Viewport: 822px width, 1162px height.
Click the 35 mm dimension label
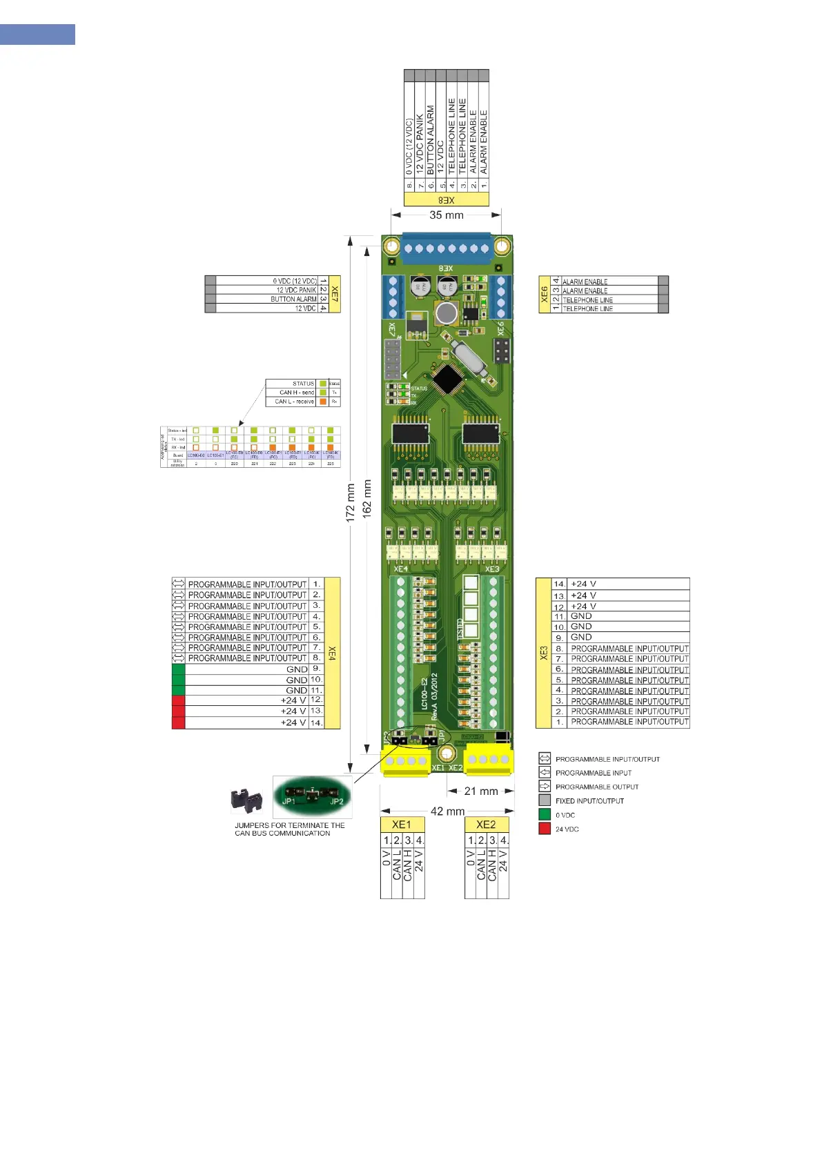[446, 215]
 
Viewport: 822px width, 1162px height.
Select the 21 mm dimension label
[480, 791]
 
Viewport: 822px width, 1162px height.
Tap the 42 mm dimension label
[447, 811]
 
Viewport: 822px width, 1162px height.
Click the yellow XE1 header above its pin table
[402, 825]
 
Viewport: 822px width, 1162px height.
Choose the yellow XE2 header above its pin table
[486, 825]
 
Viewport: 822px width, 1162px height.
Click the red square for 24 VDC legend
[545, 829]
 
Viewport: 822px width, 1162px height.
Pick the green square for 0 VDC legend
[545, 815]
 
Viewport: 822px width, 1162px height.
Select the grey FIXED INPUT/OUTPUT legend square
[545, 800]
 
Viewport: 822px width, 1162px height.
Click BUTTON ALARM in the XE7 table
[293, 299]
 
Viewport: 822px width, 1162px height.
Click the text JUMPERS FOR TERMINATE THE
[289, 825]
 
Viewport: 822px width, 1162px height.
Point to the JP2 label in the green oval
[337, 801]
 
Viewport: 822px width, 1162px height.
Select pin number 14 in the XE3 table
[559, 584]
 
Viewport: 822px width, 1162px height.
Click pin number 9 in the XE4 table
[316, 669]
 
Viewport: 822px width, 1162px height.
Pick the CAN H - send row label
[296, 393]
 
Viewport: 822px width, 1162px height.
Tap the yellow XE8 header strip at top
[446, 200]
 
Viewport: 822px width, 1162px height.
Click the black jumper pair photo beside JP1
[246, 802]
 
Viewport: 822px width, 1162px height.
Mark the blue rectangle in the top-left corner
[37, 35]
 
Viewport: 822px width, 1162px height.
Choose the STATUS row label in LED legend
[303, 384]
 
